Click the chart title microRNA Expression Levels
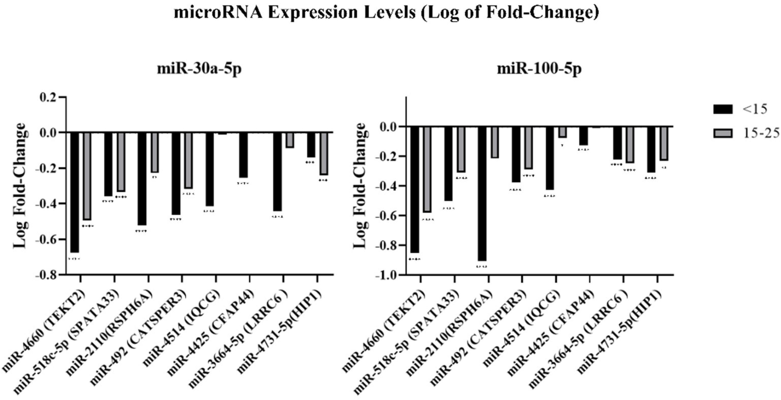386,13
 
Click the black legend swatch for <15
723,109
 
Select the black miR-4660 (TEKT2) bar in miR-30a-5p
74,192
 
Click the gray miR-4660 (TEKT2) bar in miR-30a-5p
87,176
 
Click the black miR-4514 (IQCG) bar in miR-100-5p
550,158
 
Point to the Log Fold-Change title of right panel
360,186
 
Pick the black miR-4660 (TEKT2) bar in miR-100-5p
414,189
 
